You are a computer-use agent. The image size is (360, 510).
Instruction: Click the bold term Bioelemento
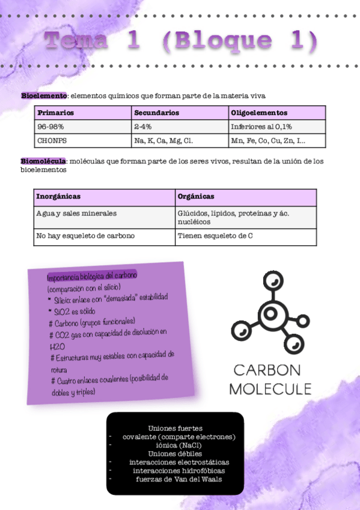44,96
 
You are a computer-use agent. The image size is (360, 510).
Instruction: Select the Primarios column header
55,112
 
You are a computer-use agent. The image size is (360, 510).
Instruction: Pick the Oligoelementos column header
259,112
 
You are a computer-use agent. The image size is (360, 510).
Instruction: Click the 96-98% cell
50,127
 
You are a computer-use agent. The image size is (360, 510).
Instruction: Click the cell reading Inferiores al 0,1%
261,127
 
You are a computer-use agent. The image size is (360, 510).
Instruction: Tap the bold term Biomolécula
43,161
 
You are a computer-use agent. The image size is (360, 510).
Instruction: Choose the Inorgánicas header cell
58,197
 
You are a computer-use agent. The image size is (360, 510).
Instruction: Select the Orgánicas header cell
196,197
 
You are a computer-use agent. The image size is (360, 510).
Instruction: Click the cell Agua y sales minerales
76,214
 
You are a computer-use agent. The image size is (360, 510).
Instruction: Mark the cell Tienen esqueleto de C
215,236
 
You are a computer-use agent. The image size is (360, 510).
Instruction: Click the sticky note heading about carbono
92,275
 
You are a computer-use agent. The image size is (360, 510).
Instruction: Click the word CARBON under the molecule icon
267,370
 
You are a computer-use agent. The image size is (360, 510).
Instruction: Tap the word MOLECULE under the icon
270,389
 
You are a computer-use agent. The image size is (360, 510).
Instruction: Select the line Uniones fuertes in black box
175,428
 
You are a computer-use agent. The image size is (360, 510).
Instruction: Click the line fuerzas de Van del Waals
175,479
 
